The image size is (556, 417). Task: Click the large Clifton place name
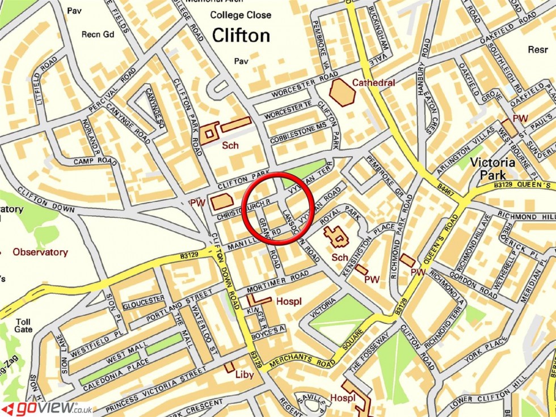pos(241,35)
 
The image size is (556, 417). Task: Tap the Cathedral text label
pos(373,83)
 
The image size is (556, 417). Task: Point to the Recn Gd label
pos(98,35)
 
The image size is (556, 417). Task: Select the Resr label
pos(537,49)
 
